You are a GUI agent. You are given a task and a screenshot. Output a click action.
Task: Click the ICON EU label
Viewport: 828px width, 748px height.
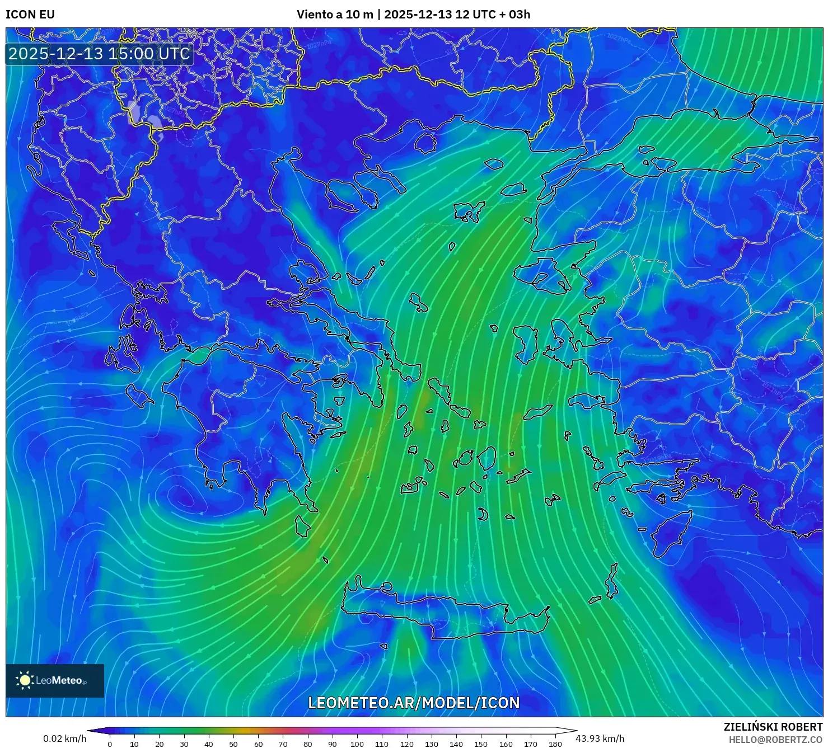coord(30,15)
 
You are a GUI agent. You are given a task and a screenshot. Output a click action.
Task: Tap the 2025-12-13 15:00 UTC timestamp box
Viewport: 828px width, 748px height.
coord(100,54)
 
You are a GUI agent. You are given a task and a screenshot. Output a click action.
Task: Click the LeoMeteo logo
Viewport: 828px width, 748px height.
coord(55,680)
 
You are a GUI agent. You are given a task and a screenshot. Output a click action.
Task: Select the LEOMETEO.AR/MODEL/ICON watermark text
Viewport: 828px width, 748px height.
coord(414,703)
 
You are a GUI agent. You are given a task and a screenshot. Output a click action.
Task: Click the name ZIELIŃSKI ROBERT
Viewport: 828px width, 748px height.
coord(773,727)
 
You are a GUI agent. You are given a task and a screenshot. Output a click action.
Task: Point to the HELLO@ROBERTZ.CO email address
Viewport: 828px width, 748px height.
coord(775,740)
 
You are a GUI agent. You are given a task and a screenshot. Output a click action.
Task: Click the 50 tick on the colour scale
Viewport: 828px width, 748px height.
coord(233,744)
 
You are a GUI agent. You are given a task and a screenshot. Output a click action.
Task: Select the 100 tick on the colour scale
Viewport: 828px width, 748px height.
coord(357,744)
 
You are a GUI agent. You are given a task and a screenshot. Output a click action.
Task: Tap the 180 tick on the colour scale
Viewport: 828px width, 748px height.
coord(555,744)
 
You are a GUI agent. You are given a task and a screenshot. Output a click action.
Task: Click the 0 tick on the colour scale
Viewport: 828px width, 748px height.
coord(110,744)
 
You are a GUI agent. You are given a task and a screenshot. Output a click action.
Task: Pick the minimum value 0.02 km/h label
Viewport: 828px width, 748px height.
coord(65,738)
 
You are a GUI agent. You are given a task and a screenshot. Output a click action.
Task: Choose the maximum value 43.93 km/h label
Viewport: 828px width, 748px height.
coord(600,738)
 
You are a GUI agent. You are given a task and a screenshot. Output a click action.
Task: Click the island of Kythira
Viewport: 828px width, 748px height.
coord(303,526)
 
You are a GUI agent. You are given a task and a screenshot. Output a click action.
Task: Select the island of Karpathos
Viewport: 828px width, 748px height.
coord(612,582)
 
